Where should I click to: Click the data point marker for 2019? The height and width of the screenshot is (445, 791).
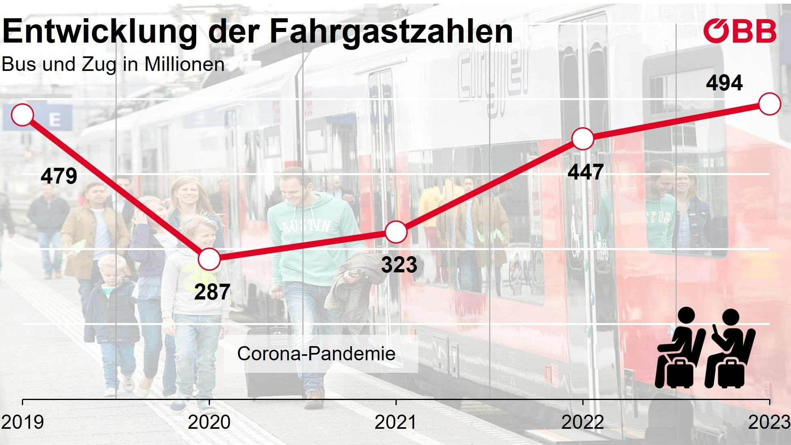(x=22, y=115)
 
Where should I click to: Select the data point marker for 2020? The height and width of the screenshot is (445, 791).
(x=209, y=259)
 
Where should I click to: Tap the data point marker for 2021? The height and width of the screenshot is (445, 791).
(x=396, y=232)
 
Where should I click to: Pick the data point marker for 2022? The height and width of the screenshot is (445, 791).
(x=583, y=139)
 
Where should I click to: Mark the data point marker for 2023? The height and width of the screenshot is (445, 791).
(x=770, y=104)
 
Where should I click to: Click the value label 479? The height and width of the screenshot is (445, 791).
(x=59, y=176)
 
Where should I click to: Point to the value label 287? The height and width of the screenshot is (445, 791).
(x=212, y=292)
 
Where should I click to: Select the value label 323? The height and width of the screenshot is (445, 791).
(x=399, y=265)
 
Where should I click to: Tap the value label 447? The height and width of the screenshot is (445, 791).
(x=586, y=172)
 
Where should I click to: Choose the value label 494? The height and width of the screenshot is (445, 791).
(x=724, y=83)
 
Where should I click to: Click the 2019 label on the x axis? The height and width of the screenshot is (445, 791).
(x=22, y=422)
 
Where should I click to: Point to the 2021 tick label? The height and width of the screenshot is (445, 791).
(x=395, y=422)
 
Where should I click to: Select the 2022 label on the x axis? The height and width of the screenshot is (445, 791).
(x=582, y=422)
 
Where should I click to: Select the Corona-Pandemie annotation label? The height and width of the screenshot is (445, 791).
(x=316, y=353)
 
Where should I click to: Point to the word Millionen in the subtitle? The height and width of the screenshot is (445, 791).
(x=184, y=64)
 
